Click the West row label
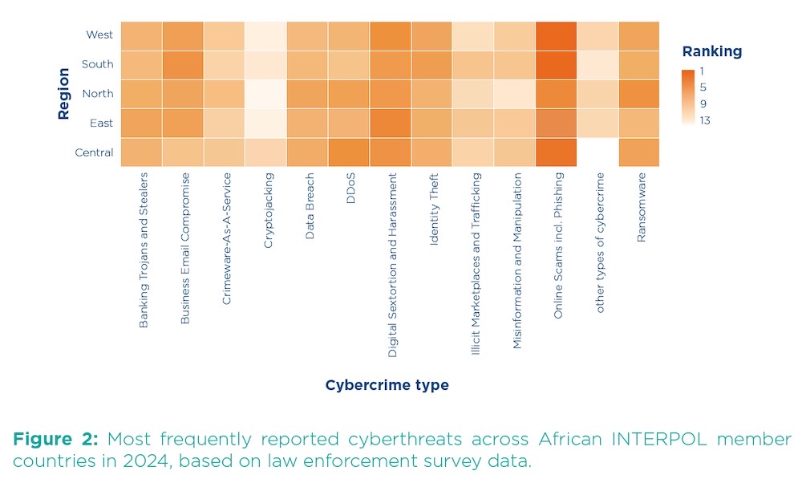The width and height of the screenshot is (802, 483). [99, 34]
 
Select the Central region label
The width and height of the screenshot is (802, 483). [95, 152]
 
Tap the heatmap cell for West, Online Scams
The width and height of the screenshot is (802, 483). [556, 35]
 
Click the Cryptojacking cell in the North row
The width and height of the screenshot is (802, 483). [266, 94]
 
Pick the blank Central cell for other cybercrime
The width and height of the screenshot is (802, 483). [597, 152]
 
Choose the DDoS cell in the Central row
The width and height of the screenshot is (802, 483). [349, 152]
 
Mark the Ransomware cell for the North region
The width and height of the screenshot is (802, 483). [638, 94]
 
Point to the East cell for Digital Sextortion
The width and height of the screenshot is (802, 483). [390, 123]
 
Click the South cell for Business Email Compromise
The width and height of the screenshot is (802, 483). [184, 64]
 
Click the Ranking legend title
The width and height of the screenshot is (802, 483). [711, 51]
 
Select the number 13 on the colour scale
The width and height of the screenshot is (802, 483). [704, 121]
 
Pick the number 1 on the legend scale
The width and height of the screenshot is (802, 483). [701, 71]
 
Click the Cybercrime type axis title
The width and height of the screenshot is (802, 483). [387, 385]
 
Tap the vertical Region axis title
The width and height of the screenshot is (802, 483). [64, 94]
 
